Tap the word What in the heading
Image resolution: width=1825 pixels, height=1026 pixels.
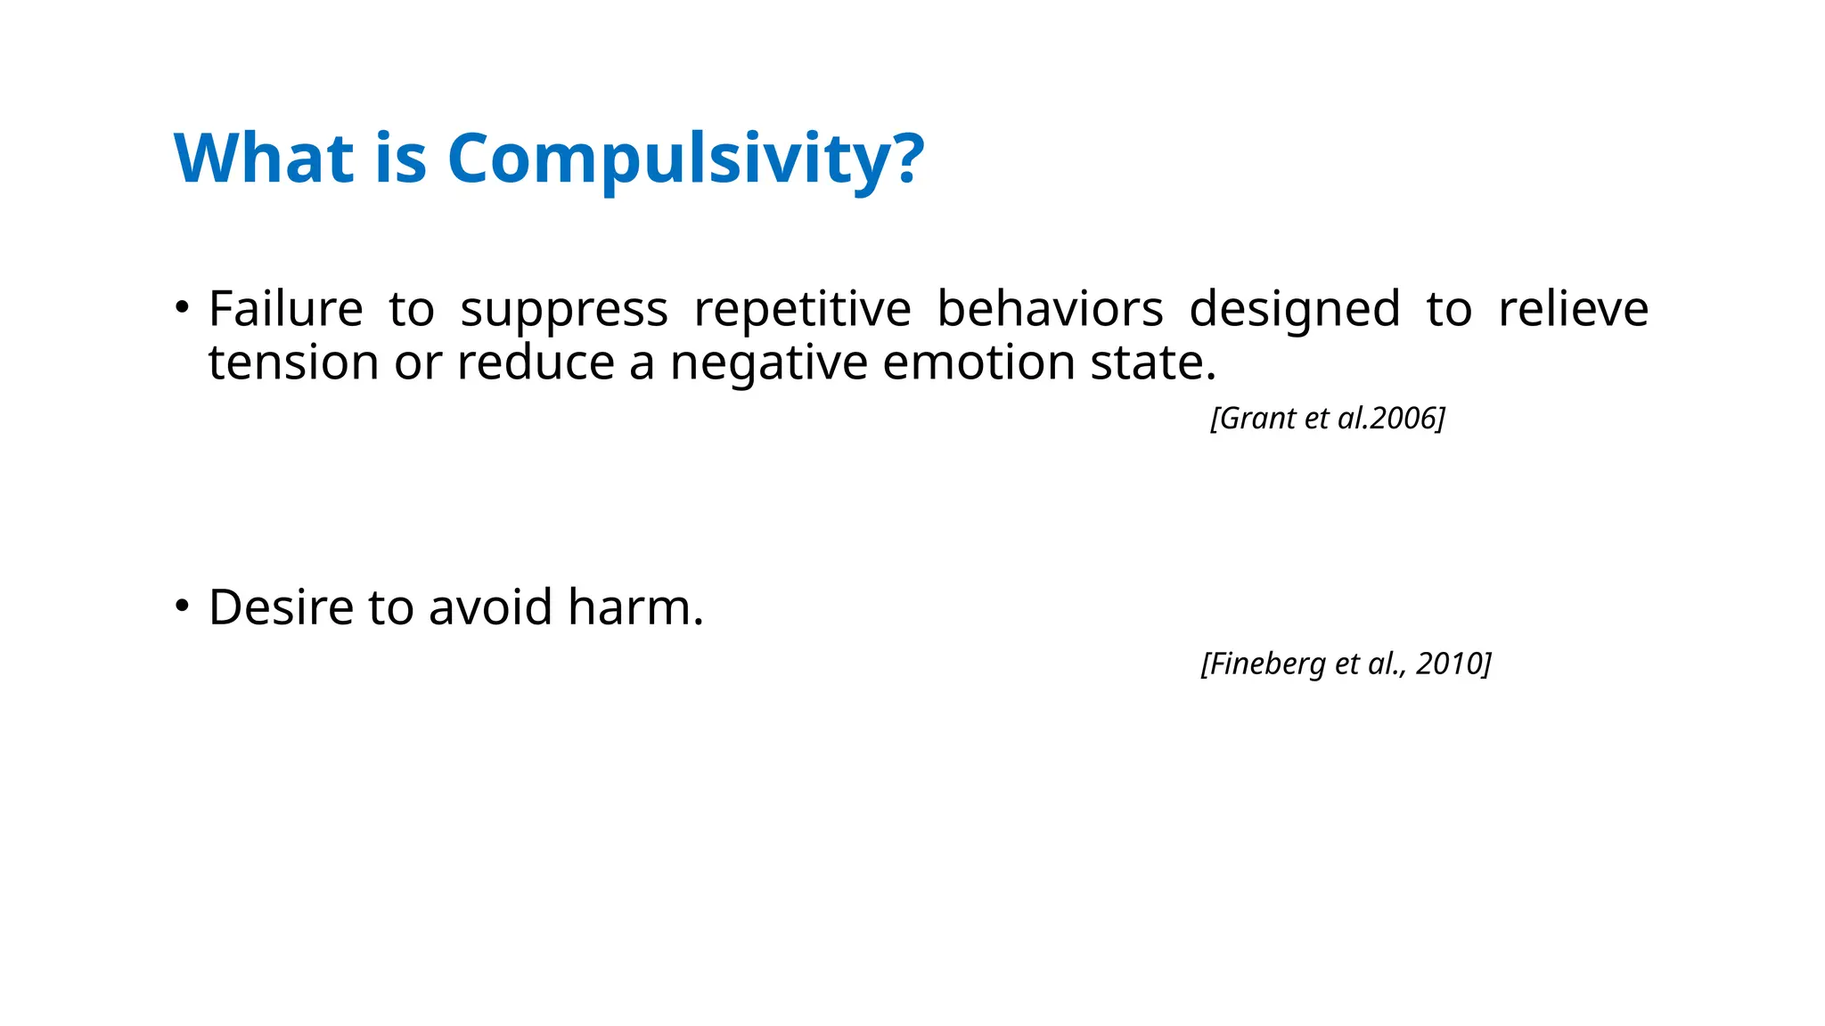click(263, 159)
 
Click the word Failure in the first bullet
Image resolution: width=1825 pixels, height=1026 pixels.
click(285, 309)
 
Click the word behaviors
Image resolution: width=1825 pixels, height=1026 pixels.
click(1050, 309)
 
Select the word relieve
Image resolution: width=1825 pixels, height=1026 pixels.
click(1573, 309)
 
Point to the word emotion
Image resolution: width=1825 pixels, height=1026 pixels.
click(978, 363)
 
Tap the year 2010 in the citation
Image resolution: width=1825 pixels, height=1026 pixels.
click(1449, 664)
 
